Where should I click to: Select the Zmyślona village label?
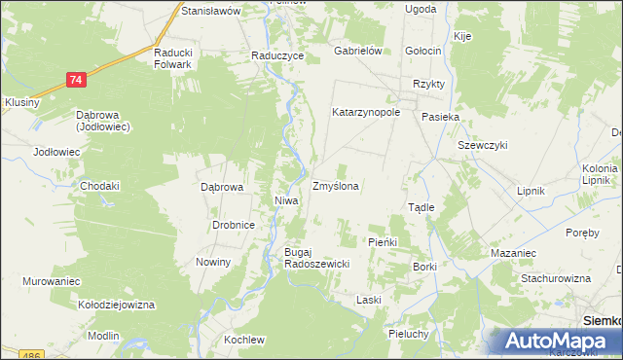(x=335, y=185)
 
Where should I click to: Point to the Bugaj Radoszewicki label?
(x=310, y=257)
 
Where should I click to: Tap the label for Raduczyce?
(x=277, y=56)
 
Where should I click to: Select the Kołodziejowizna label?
(x=118, y=305)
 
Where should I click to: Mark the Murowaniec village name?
(x=52, y=281)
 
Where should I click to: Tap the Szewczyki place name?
(x=483, y=145)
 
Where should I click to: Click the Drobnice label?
(x=234, y=225)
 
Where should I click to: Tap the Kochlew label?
(x=244, y=340)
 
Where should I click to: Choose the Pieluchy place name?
(x=409, y=334)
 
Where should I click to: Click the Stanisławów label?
(x=210, y=11)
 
